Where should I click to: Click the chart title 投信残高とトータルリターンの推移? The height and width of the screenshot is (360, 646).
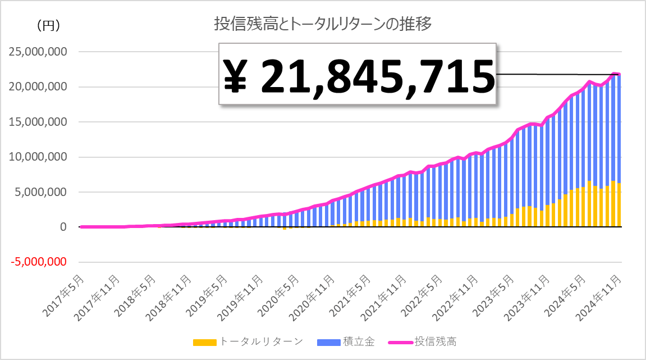click(x=322, y=24)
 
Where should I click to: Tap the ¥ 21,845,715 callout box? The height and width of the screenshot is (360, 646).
click(x=358, y=75)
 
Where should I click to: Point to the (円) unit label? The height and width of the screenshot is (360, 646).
click(x=48, y=25)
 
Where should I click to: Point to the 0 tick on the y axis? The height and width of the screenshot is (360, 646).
click(x=63, y=227)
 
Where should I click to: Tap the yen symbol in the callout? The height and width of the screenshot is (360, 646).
click(x=236, y=76)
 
